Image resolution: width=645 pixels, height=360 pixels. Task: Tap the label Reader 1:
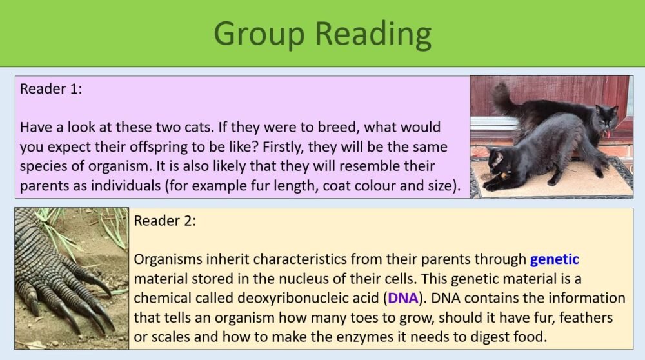click(51, 89)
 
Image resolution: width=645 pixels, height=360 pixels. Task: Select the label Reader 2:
click(165, 221)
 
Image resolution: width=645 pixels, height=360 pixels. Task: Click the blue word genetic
click(554, 260)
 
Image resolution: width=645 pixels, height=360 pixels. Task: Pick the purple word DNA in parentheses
click(403, 299)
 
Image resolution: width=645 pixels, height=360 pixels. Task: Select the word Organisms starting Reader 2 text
click(168, 260)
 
